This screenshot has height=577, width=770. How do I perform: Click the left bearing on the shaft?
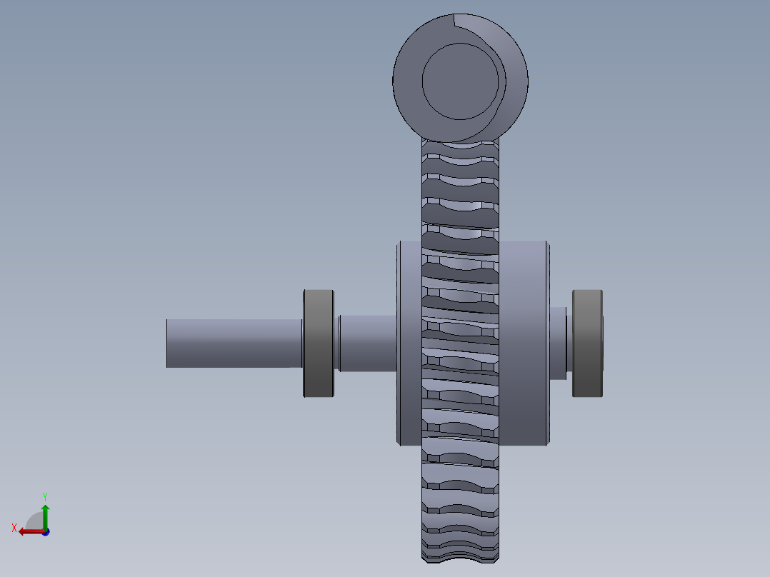319,343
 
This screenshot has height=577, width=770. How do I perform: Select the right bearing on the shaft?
587,343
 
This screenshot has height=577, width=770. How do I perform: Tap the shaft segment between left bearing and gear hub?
367,343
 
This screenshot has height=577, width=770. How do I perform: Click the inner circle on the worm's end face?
459,81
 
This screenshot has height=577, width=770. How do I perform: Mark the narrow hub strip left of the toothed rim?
410,343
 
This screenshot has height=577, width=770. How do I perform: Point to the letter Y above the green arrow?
45,496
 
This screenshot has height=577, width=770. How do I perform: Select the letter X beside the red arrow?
14,528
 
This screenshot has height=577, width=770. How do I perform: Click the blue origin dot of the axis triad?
45,532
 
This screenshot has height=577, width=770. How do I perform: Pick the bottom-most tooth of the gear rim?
459,551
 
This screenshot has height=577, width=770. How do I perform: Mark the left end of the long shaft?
169,343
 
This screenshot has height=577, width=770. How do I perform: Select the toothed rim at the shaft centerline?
459,343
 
